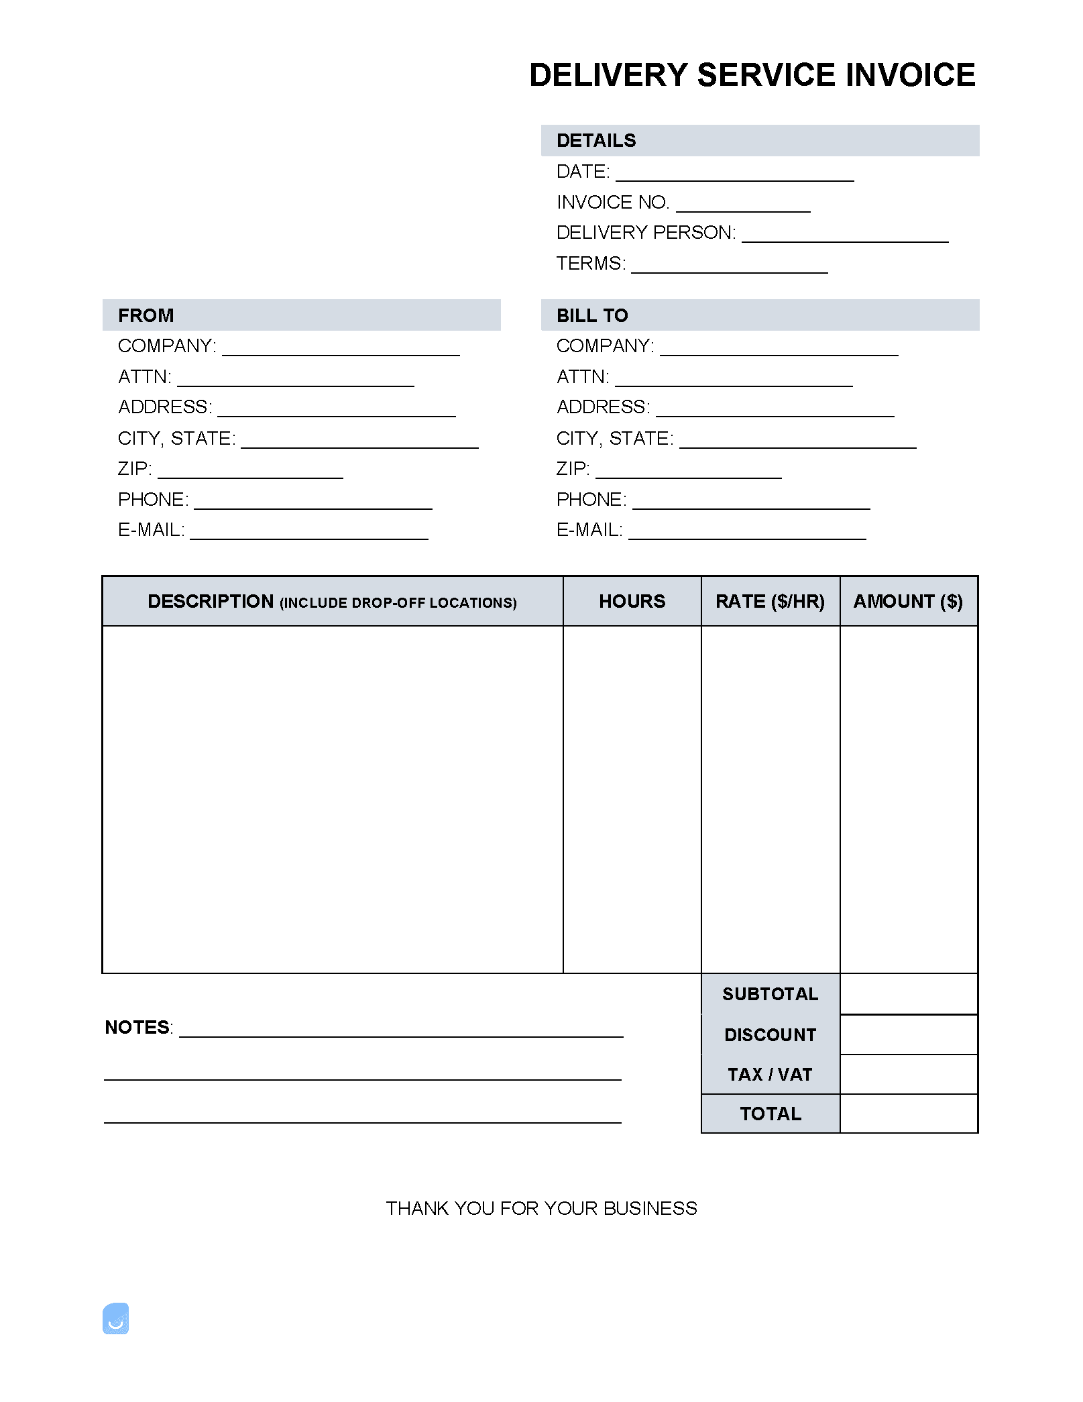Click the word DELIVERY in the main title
(608, 75)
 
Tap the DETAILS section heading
(595, 141)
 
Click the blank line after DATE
(734, 176)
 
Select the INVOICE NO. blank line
(742, 207)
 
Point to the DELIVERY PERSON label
(646, 233)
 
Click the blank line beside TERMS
(729, 268)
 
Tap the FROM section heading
(146, 315)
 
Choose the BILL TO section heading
(591, 315)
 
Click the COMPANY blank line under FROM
(341, 350)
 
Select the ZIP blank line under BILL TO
(688, 473)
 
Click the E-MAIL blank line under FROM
(308, 534)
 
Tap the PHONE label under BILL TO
(591, 500)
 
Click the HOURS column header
(632, 601)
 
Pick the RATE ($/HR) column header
(770, 601)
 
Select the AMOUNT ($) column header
(908, 601)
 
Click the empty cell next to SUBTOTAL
(909, 993)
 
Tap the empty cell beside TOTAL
(909, 1114)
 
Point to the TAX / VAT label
(770, 1075)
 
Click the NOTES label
(137, 1028)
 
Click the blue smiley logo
(115, 1318)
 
